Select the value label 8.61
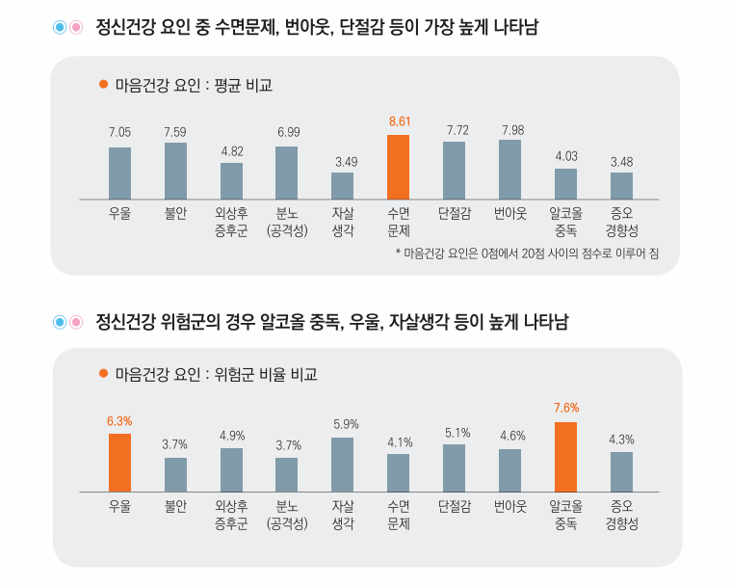[399, 121]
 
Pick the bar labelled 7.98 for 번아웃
[509, 170]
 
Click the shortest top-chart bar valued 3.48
[621, 185]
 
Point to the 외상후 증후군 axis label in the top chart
[231, 223]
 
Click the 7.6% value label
[565, 408]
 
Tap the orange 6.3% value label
[119, 420]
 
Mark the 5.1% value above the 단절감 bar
[454, 432]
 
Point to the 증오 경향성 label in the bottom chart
[621, 515]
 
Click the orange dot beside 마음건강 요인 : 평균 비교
[103, 85]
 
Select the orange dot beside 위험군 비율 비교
[103, 374]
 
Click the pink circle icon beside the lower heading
[74, 322]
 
